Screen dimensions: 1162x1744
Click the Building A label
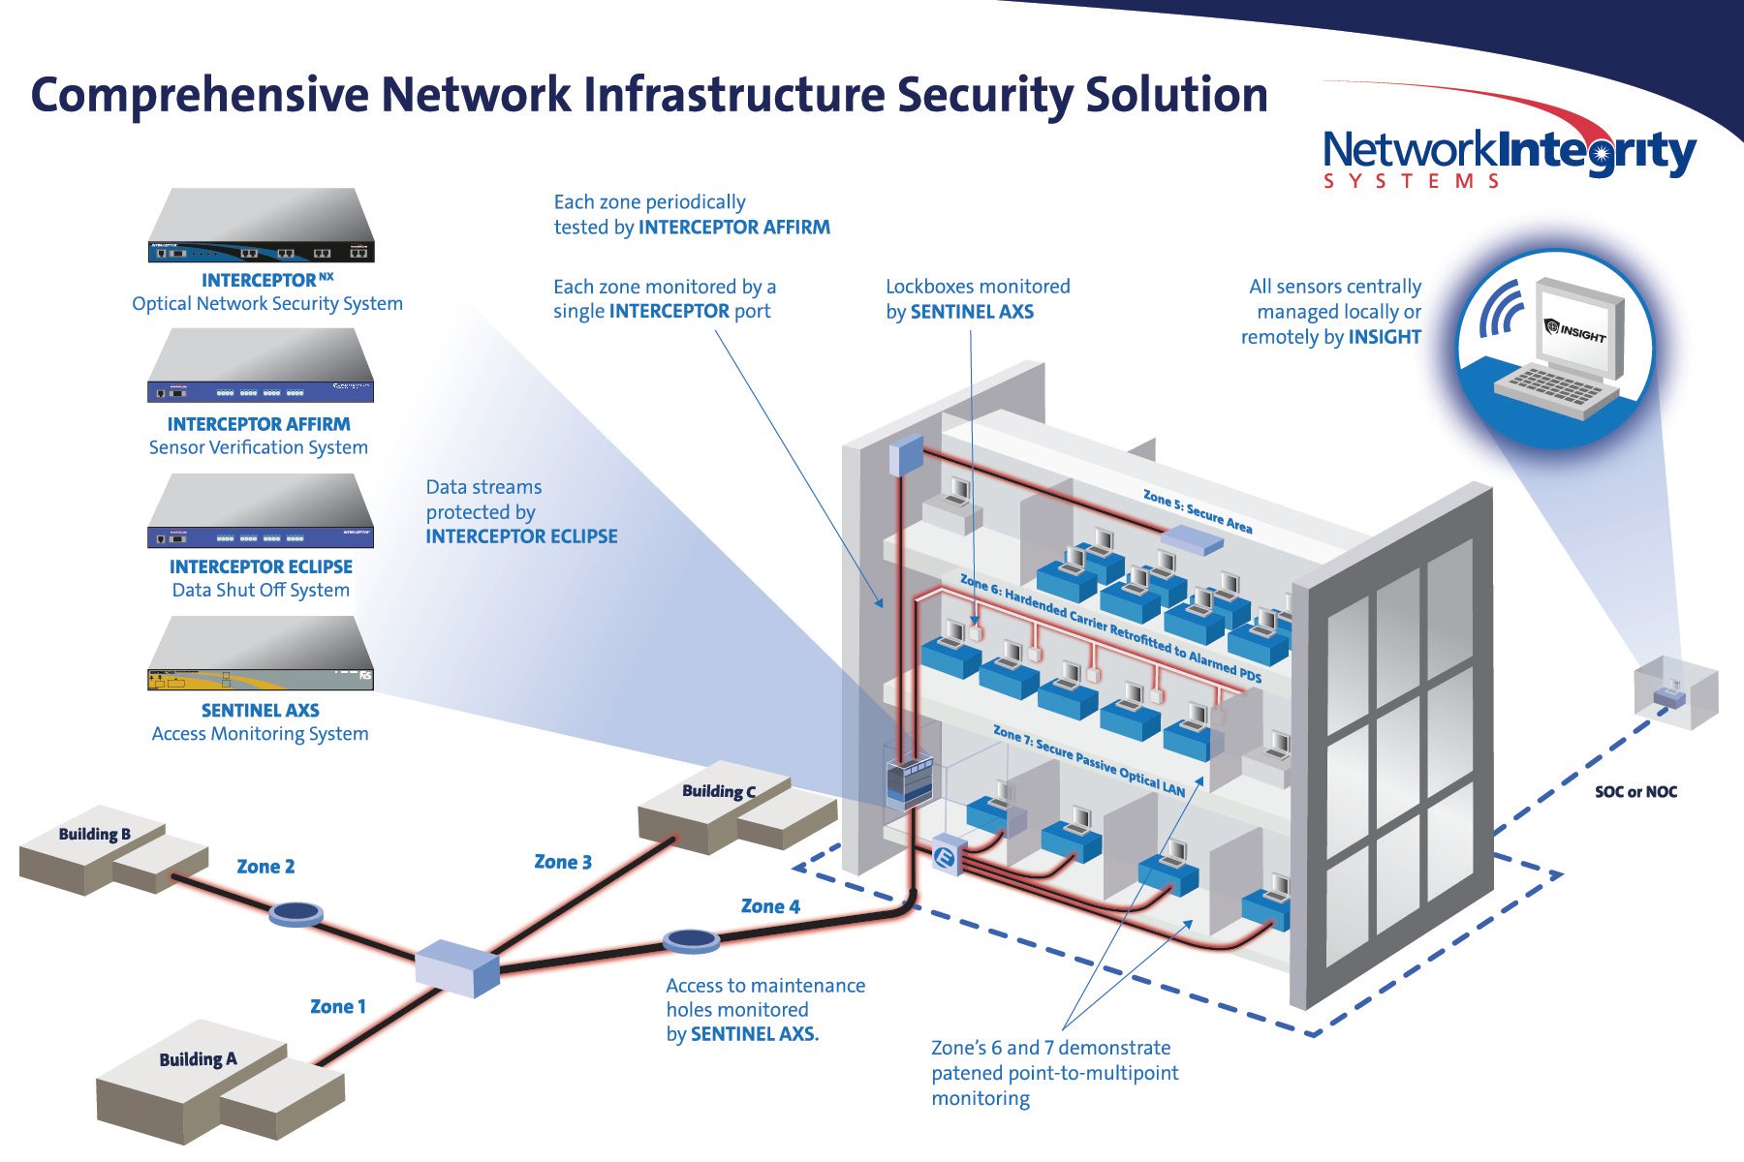[x=198, y=1059]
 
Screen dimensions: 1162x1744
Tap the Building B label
[x=94, y=834]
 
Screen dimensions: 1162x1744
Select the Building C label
[x=718, y=791]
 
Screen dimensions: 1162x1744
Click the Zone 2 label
[x=265, y=867]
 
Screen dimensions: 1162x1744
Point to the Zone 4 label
[x=770, y=906]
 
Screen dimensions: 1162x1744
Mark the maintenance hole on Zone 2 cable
[x=296, y=913]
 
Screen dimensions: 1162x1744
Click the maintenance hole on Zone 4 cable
[x=691, y=939]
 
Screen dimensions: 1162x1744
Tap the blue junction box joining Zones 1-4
[x=456, y=967]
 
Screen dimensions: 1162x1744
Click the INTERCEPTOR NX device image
[x=261, y=226]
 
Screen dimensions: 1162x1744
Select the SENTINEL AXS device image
[x=261, y=655]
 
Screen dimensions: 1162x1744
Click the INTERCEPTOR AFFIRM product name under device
[x=259, y=424]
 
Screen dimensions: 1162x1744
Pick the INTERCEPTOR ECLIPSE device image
[x=261, y=511]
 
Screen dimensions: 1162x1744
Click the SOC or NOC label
[x=1635, y=792]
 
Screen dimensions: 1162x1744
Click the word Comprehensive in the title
[x=200, y=96]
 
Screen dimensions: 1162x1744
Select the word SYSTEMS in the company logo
[x=1412, y=182]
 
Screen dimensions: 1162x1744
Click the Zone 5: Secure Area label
[x=1198, y=510]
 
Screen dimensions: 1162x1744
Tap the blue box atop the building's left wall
[x=908, y=454]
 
